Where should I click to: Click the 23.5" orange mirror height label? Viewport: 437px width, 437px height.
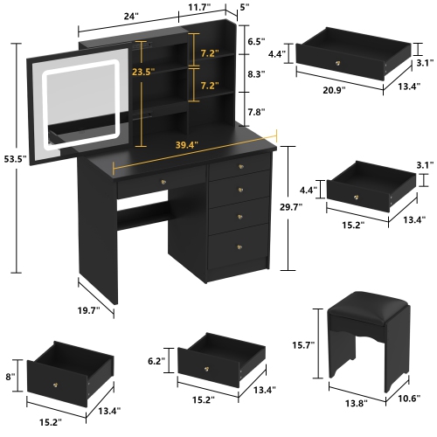(x=142, y=73)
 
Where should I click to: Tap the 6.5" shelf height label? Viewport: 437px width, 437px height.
(x=254, y=41)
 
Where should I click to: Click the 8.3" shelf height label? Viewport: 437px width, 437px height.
(x=254, y=75)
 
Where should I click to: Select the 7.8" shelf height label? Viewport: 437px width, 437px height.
(x=254, y=112)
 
